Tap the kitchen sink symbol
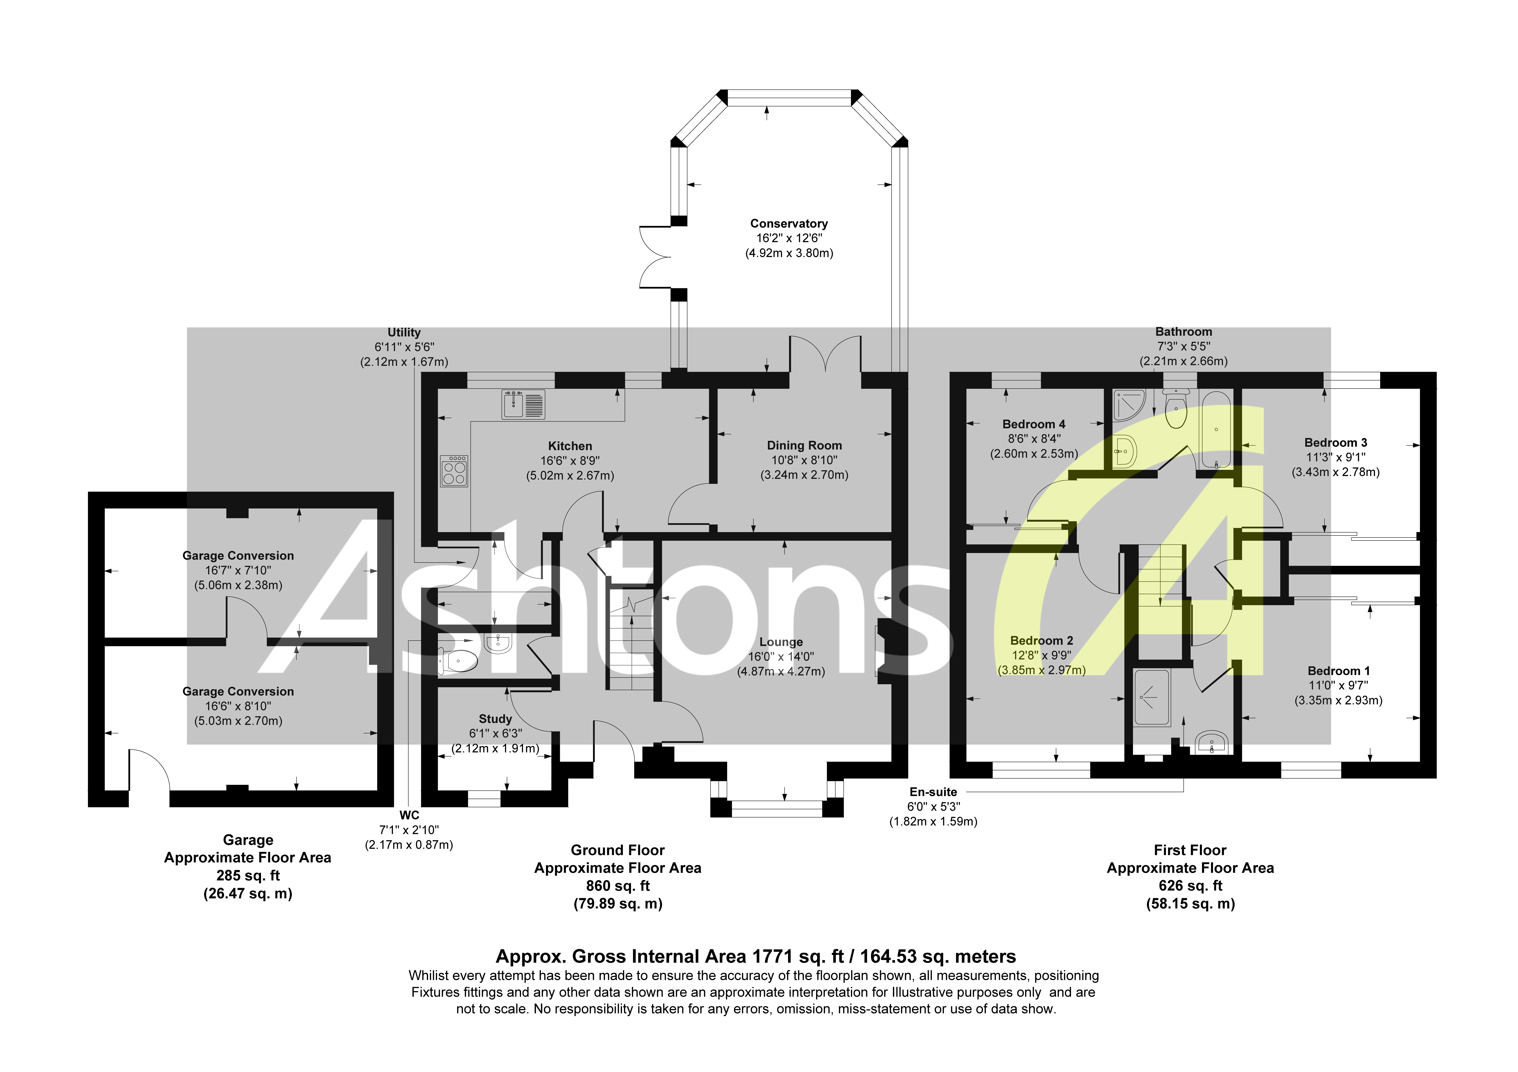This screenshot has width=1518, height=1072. coord(523,404)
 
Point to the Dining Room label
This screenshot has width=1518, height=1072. coord(804,445)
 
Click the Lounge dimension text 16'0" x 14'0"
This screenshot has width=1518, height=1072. coord(781,656)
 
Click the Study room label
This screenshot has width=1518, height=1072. coord(495,718)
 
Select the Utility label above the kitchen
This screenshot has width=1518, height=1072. coord(404,333)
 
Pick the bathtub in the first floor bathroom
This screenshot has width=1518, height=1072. coord(1216,430)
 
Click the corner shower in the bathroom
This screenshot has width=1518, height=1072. coord(1129,405)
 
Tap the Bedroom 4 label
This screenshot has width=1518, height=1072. coord(1033,424)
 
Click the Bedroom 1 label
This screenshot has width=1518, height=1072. coord(1338,671)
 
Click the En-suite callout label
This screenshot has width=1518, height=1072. coord(933,792)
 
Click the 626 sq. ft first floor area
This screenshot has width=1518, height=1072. coord(1190,886)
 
